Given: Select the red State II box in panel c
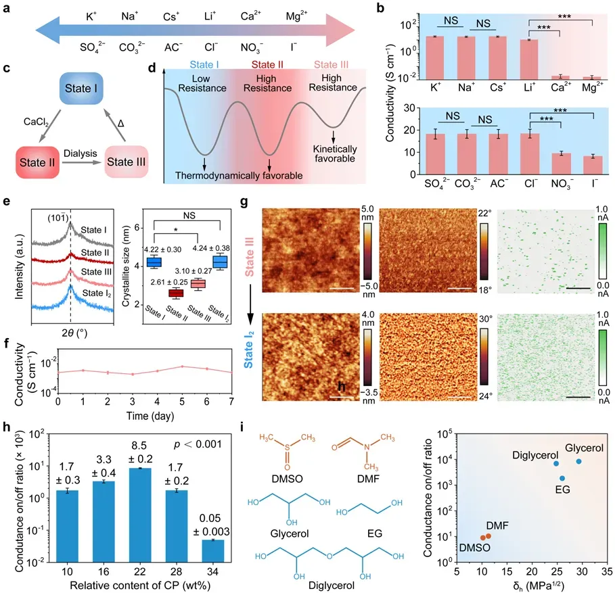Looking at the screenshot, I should [39, 162].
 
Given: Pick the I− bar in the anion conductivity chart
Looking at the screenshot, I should [593, 166].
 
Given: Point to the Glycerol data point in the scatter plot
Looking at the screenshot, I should [579, 461].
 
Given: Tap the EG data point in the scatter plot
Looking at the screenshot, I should [562, 478].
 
